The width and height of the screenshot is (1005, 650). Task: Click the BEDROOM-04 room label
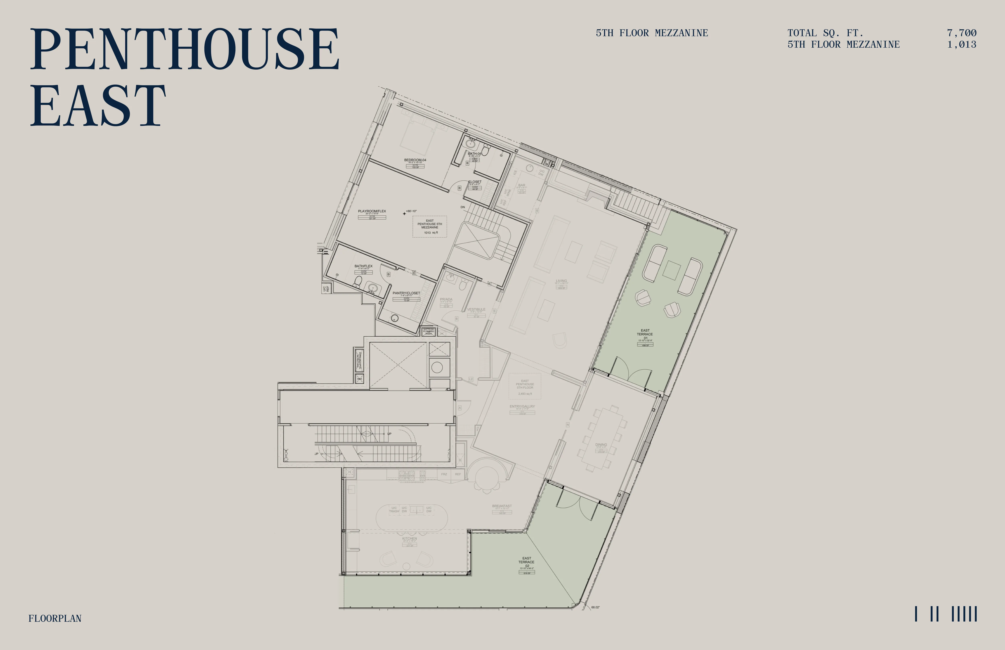(415, 160)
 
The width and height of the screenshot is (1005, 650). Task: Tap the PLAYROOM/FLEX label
(372, 211)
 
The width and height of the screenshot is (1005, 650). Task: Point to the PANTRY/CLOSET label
(406, 293)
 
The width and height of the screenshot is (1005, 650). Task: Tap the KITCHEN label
(409, 538)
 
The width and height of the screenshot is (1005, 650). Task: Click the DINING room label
(601, 444)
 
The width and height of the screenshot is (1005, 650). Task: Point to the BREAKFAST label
(502, 506)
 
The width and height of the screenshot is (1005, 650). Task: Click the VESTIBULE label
(476, 309)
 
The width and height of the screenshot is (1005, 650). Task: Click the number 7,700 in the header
(962, 33)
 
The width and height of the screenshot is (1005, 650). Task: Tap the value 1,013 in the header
(962, 44)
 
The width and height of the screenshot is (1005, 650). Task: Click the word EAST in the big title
(98, 105)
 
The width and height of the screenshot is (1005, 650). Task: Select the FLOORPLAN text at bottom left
(55, 618)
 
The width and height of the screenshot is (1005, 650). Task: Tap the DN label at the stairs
(463, 207)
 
